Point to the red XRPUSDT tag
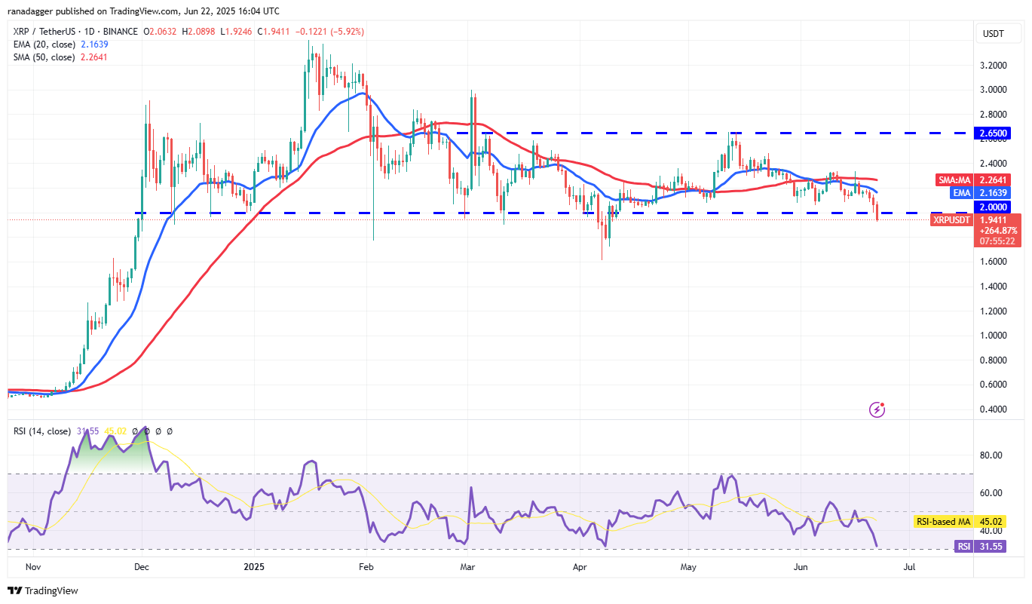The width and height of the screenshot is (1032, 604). [x=951, y=219]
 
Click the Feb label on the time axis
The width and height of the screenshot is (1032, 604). [x=366, y=565]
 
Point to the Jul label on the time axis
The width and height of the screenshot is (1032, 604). [x=909, y=565]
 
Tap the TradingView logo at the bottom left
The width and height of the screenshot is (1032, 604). [x=43, y=590]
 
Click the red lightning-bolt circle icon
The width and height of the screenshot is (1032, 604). [x=877, y=409]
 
